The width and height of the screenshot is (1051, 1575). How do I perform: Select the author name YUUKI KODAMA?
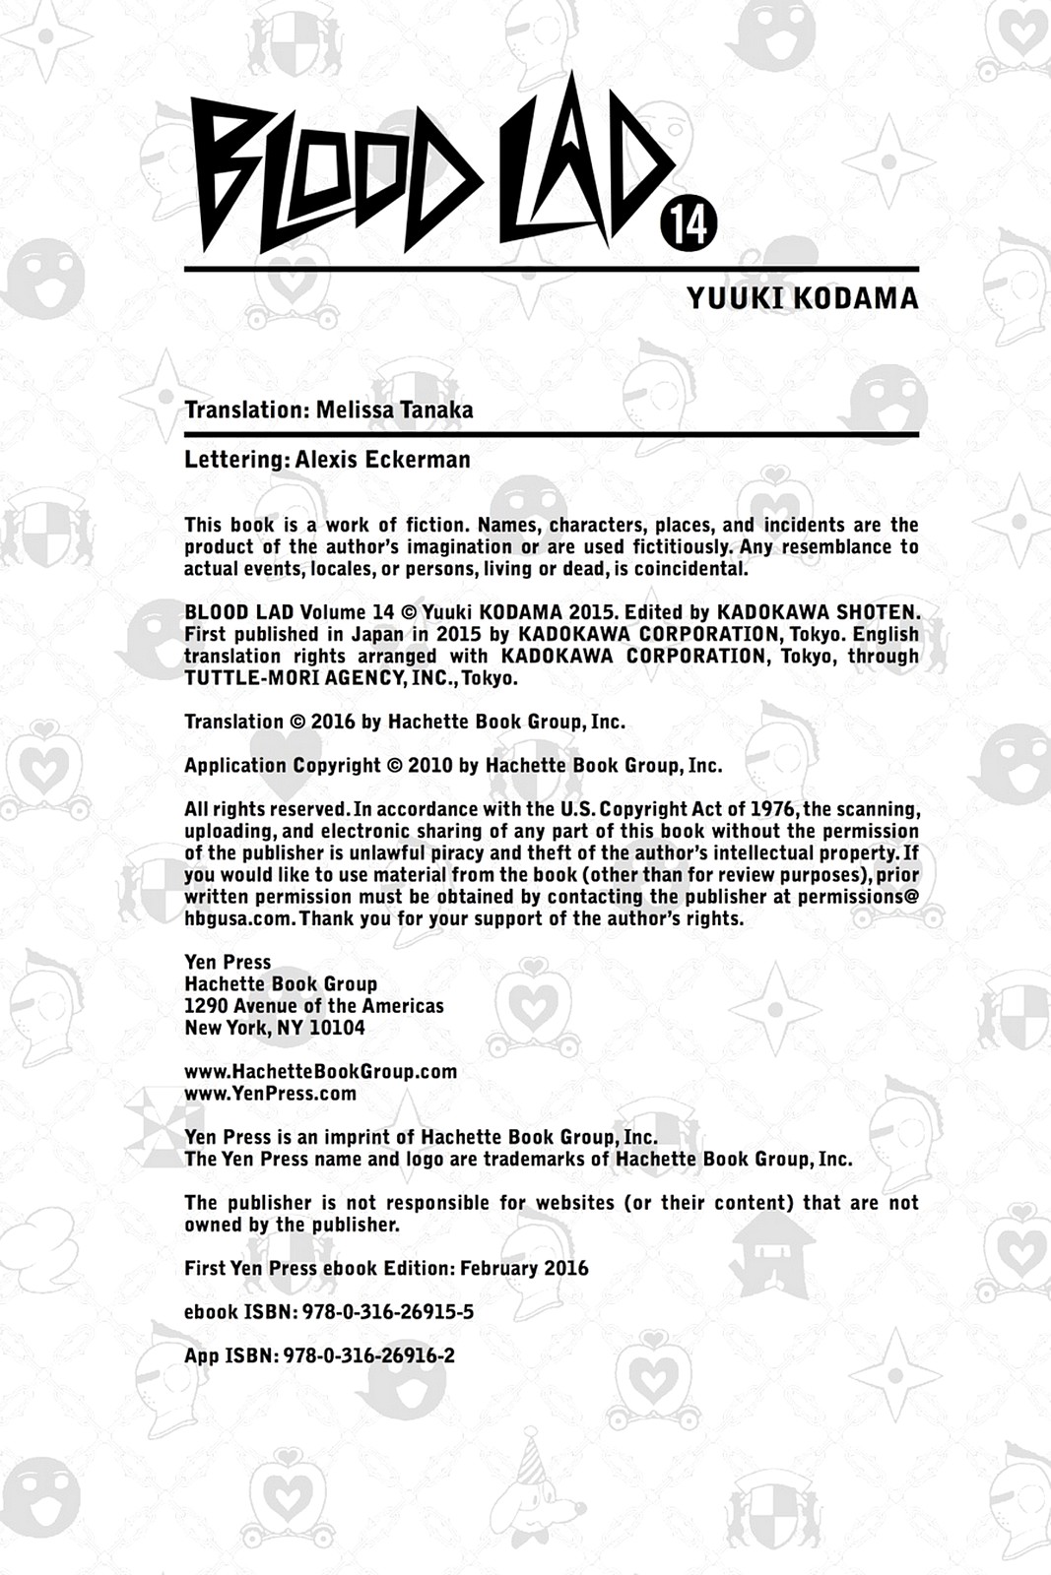pyautogui.click(x=802, y=298)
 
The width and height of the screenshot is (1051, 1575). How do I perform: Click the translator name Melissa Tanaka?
pyautogui.click(x=394, y=409)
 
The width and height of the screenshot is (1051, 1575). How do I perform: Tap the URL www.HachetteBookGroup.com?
pyautogui.click(x=321, y=1071)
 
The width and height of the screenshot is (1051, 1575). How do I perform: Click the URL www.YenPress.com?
pyautogui.click(x=271, y=1094)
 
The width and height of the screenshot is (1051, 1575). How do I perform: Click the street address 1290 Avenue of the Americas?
pyautogui.click(x=314, y=1006)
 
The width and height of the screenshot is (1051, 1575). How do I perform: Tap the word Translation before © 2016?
pyautogui.click(x=233, y=722)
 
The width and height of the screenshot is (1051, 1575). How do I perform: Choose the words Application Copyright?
pyautogui.click(x=283, y=766)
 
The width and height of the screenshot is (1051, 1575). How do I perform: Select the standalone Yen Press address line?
pyautogui.click(x=228, y=962)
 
